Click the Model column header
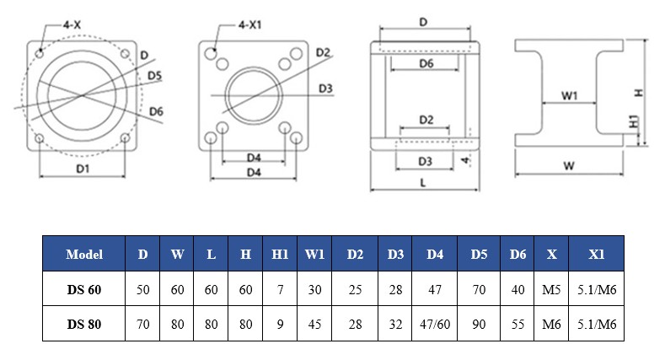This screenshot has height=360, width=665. point(84,254)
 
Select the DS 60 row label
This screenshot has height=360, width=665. point(84,290)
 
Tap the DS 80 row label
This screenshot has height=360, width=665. point(84,323)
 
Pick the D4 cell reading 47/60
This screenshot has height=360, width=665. point(435,323)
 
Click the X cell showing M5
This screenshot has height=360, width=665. point(551,290)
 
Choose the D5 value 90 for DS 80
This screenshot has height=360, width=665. point(479,323)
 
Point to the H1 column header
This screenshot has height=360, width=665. point(280,254)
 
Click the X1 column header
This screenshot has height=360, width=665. point(598,254)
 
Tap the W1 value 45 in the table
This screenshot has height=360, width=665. point(314,323)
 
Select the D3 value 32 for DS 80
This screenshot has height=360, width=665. point(395,323)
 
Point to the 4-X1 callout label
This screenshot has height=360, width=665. point(249,25)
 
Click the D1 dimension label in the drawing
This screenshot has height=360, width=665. point(82,169)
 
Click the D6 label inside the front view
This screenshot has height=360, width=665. point(426,64)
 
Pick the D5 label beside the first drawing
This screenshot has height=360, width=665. point(154,76)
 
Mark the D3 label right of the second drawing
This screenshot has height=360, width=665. point(325,88)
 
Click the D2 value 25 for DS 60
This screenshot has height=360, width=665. point(355,290)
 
